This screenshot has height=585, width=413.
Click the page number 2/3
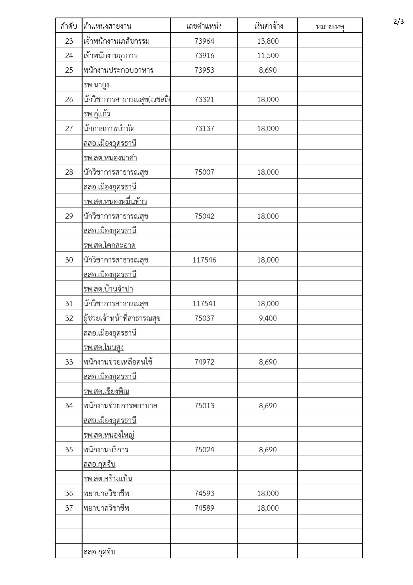(398, 22)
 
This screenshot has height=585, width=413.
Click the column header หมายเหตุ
(330, 26)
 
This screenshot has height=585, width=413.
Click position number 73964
(204, 41)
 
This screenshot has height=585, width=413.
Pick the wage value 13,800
(268, 41)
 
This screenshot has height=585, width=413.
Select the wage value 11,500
(268, 56)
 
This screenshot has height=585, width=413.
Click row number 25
(69, 70)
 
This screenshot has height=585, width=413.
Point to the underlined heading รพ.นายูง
(97, 85)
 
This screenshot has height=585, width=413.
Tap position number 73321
(204, 99)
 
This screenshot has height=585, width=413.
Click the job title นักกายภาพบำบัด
(109, 129)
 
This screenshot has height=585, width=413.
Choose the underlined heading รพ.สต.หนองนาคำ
(110, 158)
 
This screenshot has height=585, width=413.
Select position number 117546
(204, 260)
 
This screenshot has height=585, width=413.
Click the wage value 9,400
(268, 319)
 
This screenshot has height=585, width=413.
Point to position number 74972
(204, 362)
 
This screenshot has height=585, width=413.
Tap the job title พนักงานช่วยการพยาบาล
(121, 406)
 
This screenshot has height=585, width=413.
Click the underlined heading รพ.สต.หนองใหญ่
(109, 435)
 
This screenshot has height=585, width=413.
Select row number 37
(69, 508)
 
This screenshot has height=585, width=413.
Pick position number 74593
(204, 494)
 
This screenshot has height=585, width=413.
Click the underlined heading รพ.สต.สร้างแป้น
(108, 479)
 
